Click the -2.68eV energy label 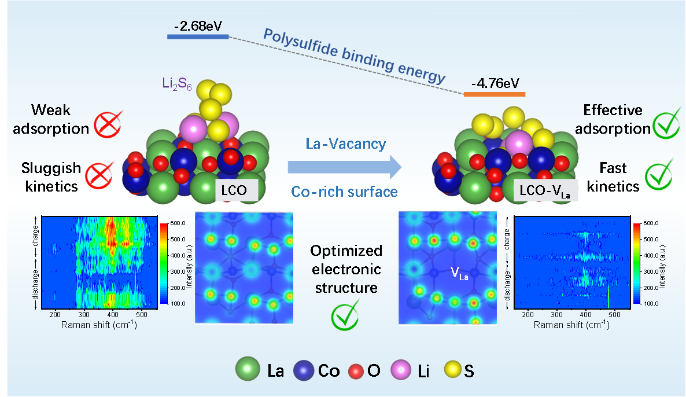pyautogui.click(x=197, y=26)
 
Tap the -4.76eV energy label pyautogui.click(x=495, y=84)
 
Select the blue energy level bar pyautogui.click(x=197, y=36)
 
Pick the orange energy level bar pyautogui.click(x=495, y=94)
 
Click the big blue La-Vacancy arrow pyautogui.click(x=344, y=167)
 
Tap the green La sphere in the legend pyautogui.click(x=249, y=369)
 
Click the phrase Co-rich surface pyautogui.click(x=345, y=191)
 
